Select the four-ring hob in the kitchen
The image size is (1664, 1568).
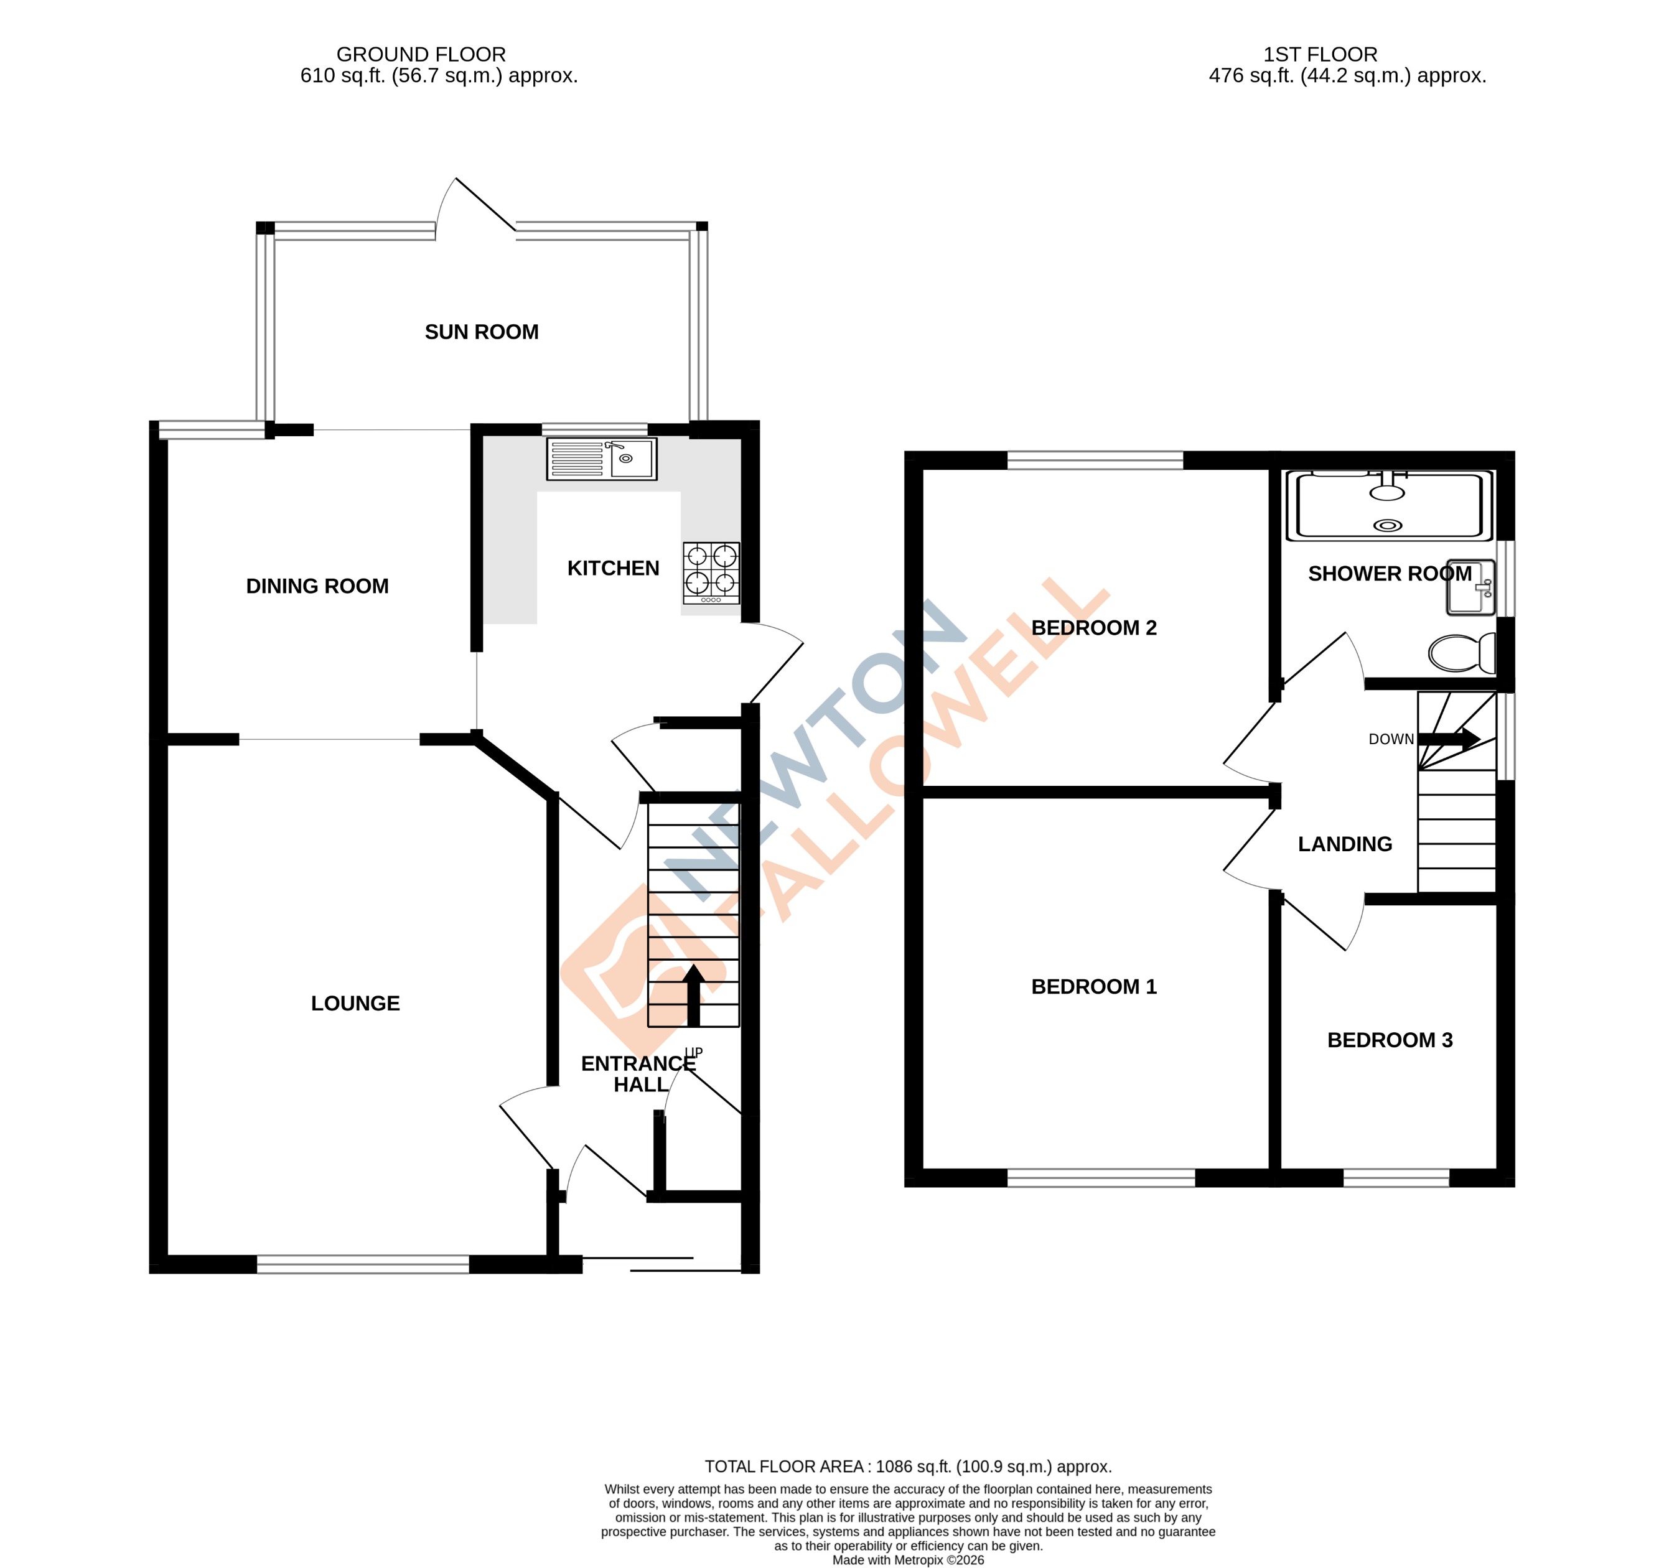click(x=711, y=572)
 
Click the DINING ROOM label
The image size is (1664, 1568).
click(x=317, y=586)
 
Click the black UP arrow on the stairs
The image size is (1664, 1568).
click(x=693, y=995)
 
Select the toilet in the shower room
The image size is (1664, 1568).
click(x=1461, y=653)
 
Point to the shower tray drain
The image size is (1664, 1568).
click(x=1388, y=525)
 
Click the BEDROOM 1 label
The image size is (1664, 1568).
click(x=1093, y=986)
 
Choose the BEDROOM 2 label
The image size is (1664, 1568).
click(x=1093, y=628)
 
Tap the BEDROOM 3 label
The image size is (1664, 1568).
click(x=1390, y=1040)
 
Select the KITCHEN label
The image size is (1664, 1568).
click(x=613, y=568)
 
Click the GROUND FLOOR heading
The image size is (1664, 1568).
click(x=421, y=54)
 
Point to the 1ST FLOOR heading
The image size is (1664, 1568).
click(x=1320, y=54)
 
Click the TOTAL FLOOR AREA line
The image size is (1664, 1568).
click(x=907, y=1467)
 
